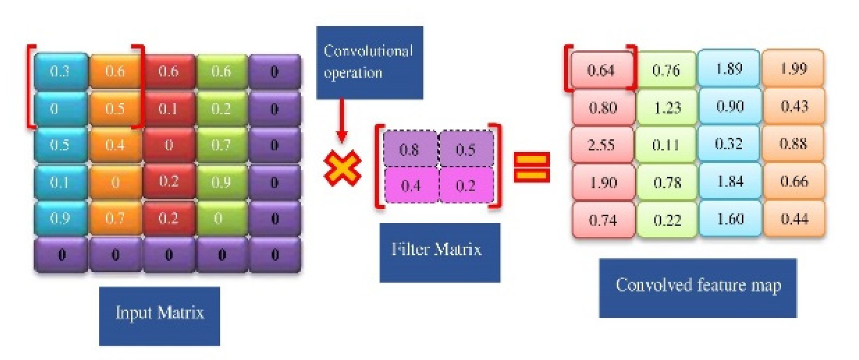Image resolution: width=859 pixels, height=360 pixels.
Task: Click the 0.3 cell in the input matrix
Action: (x=60, y=71)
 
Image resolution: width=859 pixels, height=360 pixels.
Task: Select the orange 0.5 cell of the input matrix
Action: (x=115, y=109)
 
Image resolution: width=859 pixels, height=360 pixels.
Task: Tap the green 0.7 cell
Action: (x=221, y=145)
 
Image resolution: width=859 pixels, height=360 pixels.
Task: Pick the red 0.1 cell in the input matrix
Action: (x=168, y=109)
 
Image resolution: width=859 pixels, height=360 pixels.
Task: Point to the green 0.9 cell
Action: (x=221, y=182)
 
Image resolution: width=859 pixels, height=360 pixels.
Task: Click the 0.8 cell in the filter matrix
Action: (x=409, y=150)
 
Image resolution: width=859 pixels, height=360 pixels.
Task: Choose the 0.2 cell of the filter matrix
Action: (x=465, y=185)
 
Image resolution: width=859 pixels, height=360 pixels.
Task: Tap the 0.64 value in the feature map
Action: (x=601, y=70)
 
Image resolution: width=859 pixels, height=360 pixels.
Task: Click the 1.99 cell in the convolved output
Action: (x=794, y=68)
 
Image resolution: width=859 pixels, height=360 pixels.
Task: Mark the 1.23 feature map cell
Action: (x=667, y=108)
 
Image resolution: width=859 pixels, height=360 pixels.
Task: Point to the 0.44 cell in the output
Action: (x=794, y=219)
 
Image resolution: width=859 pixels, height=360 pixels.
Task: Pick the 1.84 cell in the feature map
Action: (x=730, y=181)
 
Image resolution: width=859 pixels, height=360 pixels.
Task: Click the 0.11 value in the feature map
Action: (x=666, y=145)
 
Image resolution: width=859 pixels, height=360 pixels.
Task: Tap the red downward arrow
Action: (x=341, y=121)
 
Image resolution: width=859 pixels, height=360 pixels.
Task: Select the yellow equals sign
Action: (x=532, y=167)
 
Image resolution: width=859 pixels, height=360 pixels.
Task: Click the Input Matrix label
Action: (x=159, y=313)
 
